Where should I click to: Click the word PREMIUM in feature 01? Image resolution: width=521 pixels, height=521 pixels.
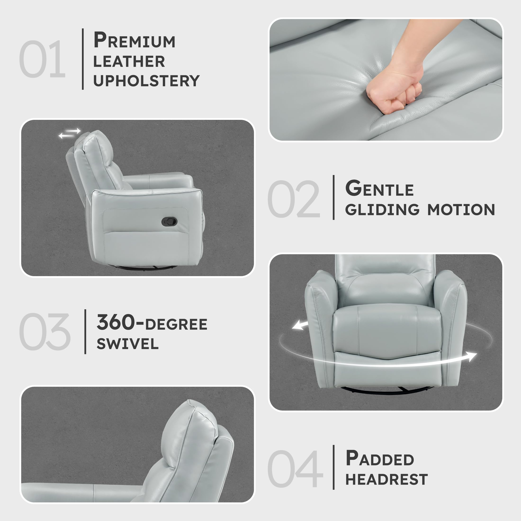[x=134, y=40]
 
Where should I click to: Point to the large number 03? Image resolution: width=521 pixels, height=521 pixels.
[x=45, y=332]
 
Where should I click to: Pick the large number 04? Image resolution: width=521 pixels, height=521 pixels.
[x=295, y=469]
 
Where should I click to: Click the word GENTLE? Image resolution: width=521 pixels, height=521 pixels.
[x=379, y=189]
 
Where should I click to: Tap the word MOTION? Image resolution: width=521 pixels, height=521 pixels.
[x=461, y=210]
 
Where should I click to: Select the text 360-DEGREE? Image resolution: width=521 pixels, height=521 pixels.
[x=152, y=323]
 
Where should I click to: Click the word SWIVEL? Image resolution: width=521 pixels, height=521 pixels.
[x=128, y=344]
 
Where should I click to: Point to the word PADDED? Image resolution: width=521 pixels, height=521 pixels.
[x=379, y=459]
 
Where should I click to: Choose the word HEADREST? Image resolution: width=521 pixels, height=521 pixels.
[x=386, y=480]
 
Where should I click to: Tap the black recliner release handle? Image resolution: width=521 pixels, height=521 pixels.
[x=169, y=222]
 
